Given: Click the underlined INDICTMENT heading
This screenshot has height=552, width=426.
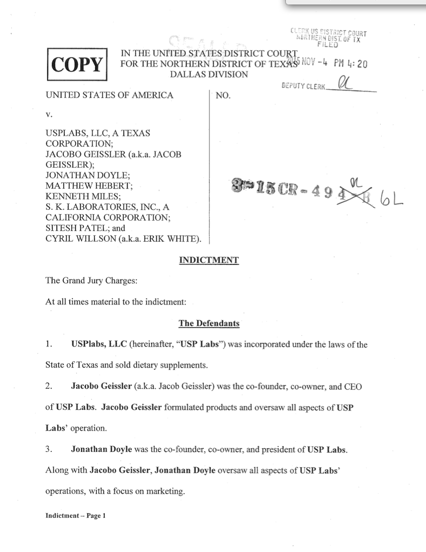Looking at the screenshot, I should [x=209, y=260].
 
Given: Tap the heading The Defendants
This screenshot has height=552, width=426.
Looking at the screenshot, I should [x=209, y=323].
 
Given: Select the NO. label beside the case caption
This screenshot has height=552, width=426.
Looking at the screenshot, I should [x=223, y=96].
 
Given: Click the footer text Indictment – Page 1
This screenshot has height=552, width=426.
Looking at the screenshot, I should [x=76, y=515].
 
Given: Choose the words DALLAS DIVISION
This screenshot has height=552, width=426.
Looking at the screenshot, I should [x=209, y=75].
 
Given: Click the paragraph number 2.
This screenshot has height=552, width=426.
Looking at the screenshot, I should [x=49, y=387].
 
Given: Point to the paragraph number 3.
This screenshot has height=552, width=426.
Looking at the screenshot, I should [x=49, y=450].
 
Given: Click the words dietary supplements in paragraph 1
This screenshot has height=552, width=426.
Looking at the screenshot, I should [x=168, y=365].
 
